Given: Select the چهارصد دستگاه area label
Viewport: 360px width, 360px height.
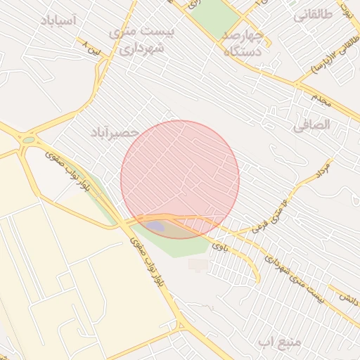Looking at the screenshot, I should [243, 43].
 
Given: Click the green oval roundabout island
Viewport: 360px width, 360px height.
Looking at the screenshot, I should [27, 140].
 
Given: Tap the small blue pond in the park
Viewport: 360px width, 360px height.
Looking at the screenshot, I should [156, 227].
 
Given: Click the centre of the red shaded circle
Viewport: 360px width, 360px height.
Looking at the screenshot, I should [180, 179].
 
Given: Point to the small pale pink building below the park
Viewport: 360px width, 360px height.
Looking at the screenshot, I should [199, 264].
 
